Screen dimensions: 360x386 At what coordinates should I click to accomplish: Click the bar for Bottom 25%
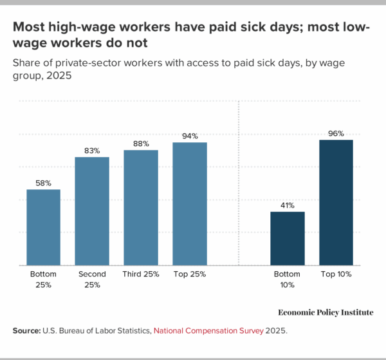[x=43, y=227]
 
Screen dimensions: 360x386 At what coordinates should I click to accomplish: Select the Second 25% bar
[x=92, y=211]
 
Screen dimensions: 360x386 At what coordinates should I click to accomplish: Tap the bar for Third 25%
[x=141, y=207]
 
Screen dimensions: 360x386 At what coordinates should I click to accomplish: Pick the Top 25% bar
[x=190, y=204]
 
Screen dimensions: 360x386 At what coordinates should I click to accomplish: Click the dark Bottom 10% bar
[x=287, y=238]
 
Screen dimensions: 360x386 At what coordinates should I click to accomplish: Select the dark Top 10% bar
[x=336, y=202]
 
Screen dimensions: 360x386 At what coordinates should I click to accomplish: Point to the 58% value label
[x=43, y=183]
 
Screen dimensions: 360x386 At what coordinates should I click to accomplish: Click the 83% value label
[x=92, y=151]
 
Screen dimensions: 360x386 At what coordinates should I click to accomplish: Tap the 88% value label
[x=141, y=144]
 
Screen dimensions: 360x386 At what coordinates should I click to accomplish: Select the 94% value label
[x=190, y=136]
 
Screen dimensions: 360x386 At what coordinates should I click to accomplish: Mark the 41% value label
[x=287, y=205]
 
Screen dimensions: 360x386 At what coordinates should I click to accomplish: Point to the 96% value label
[x=336, y=133]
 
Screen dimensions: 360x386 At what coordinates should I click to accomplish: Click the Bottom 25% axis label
[x=43, y=279]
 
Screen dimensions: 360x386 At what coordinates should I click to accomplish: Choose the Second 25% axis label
[x=92, y=279]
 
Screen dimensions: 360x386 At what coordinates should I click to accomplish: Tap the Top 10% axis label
[x=336, y=274]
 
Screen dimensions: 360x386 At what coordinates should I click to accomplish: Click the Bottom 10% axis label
[x=287, y=279]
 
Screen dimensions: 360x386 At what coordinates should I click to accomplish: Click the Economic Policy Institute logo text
[x=326, y=312]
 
